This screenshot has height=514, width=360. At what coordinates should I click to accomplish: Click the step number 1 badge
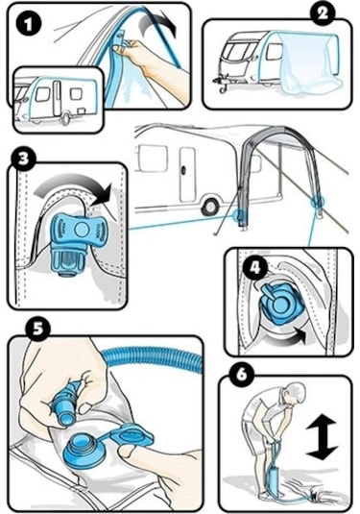click(29, 24)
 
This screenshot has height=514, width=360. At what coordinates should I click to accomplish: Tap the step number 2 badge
click(323, 13)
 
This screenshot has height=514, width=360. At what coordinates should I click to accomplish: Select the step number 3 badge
click(24, 159)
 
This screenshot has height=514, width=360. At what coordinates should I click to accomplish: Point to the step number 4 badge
click(255, 268)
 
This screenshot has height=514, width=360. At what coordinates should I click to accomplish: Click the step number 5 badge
click(38, 330)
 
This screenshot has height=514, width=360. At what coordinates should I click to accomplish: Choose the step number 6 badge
click(242, 374)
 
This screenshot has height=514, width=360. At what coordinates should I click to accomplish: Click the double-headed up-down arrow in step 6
click(322, 437)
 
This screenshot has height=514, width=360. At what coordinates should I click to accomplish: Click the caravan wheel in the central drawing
click(209, 207)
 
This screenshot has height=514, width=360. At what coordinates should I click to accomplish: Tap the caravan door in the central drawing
click(188, 174)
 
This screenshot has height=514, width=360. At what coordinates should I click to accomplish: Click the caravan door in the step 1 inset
click(57, 99)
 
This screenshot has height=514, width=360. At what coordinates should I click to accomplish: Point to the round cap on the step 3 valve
click(81, 229)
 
